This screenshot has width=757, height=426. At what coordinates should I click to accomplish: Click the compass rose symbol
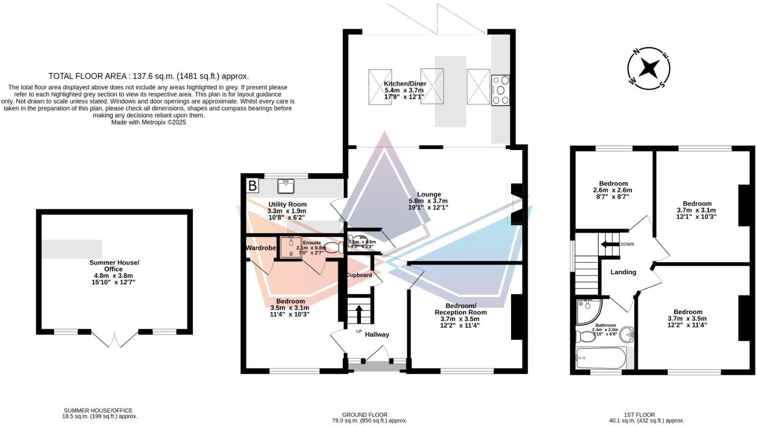pos(649,68)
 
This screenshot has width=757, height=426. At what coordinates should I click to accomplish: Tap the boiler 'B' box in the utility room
pos(252,185)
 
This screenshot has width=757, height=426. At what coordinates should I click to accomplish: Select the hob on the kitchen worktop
pos(500,90)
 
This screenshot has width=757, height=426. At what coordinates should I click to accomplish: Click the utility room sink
pos(285,186)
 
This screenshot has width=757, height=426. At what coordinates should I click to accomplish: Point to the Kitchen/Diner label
pos(405,83)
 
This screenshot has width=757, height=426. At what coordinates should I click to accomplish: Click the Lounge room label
pos(429,194)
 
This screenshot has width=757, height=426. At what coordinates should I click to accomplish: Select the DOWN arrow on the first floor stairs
pos(610,244)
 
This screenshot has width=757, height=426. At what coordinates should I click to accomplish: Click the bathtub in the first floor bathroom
pos(601,358)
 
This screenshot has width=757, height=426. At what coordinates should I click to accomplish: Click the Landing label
pos(623,272)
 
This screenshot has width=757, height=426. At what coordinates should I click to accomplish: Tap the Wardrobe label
pos(261,248)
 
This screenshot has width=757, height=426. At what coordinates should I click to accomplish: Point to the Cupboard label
pos(359,275)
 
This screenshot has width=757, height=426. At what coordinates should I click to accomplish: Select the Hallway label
pos(377,334)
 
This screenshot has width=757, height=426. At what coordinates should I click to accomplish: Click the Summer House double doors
pos(115,339)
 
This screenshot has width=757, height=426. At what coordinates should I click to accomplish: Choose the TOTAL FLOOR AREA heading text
pos(148,76)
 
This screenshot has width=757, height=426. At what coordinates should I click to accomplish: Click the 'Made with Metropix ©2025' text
pos(148,122)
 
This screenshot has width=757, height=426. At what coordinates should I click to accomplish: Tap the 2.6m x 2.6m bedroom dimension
pos(613,190)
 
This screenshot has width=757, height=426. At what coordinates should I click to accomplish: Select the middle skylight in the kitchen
pos(432,87)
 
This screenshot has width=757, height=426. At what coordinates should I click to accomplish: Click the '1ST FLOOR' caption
pos(639,415)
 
